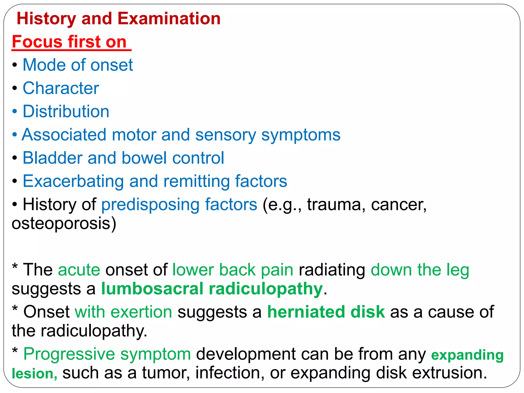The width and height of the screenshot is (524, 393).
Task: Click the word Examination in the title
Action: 169,19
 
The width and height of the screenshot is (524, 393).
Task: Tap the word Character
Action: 61,88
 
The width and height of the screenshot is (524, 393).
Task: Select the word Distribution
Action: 66,112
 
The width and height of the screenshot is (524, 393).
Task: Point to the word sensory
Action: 225,135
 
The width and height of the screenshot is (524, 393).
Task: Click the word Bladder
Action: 52,158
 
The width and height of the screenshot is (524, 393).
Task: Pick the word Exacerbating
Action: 73,181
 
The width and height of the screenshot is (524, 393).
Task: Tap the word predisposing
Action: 150,204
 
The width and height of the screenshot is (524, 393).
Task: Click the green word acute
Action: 79,270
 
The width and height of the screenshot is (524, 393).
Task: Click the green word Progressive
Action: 69,354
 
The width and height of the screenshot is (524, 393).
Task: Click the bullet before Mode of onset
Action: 15,65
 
